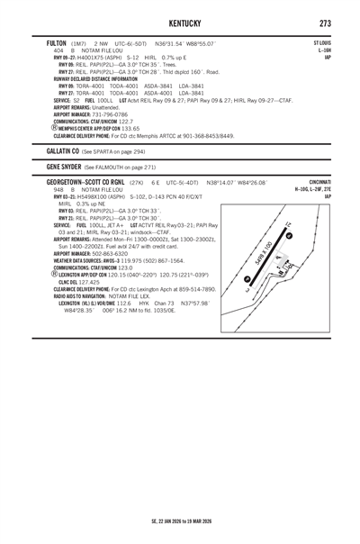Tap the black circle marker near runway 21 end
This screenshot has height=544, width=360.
(289, 234)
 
